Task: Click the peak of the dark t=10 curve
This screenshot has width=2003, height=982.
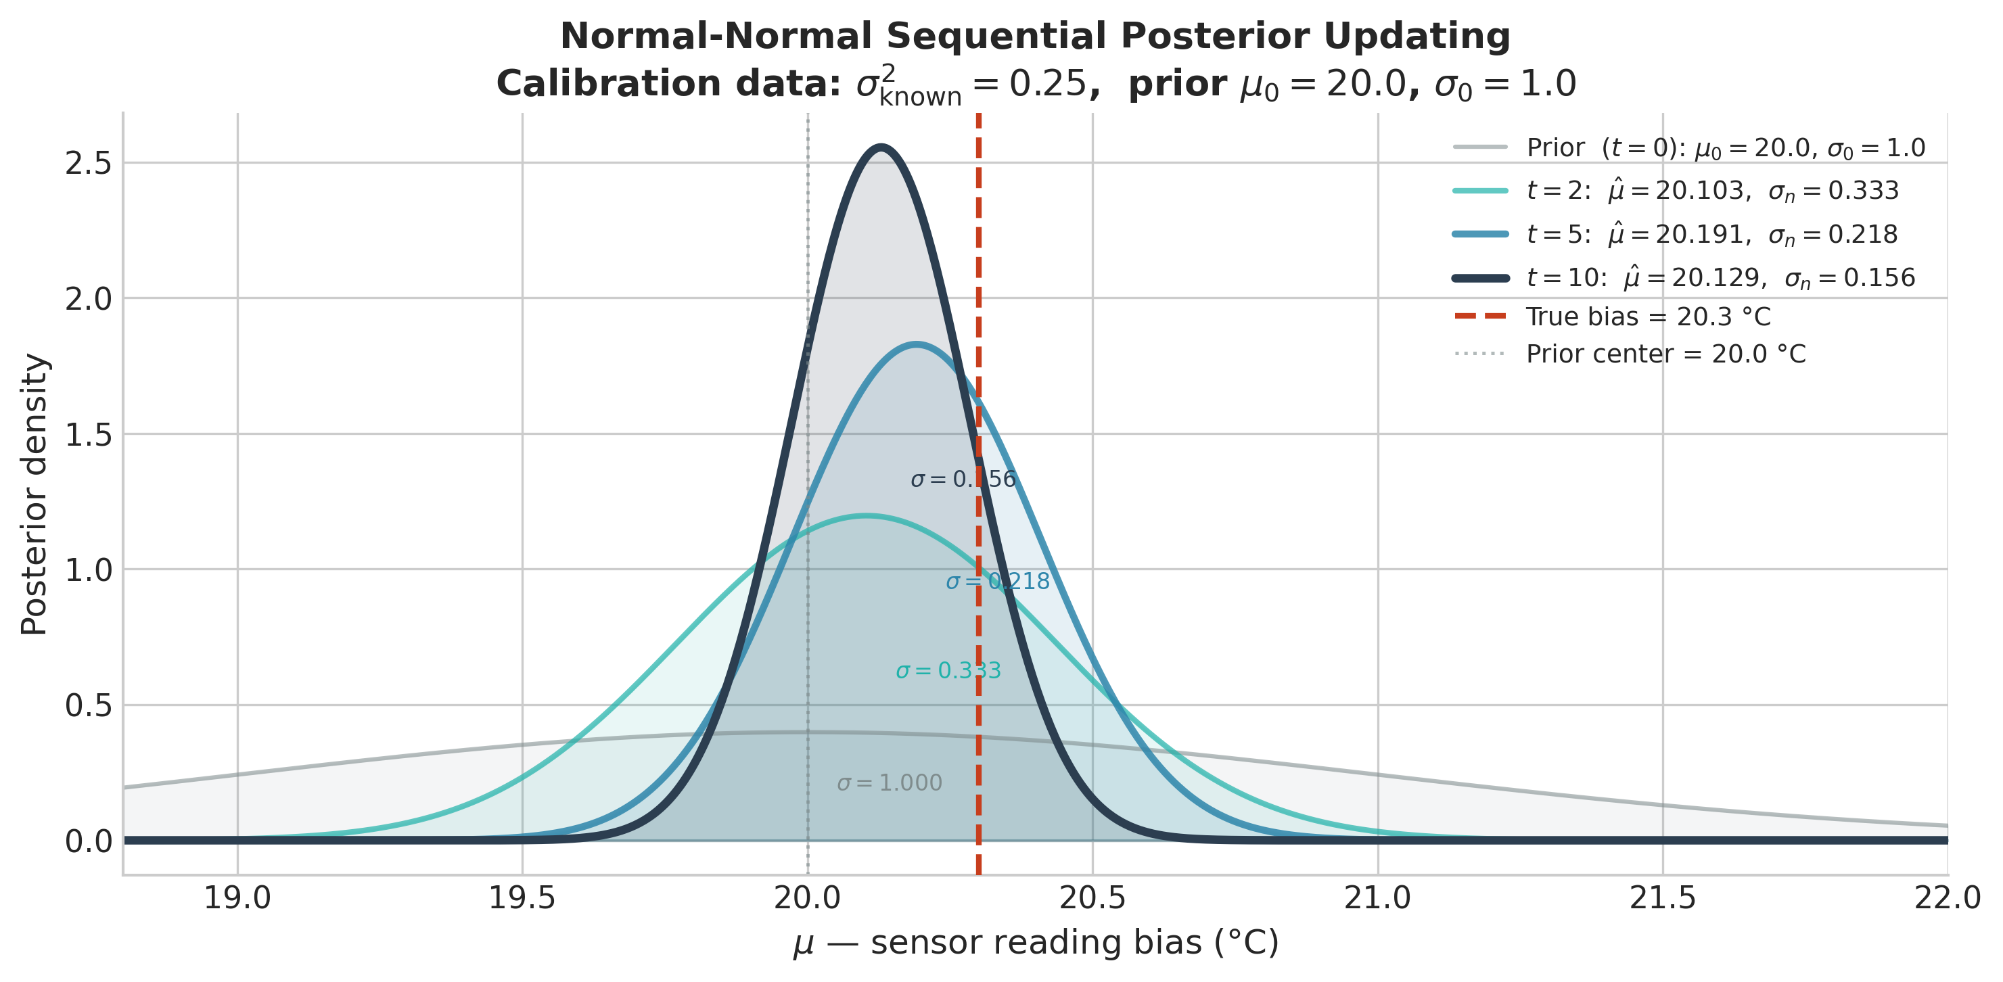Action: click(880, 147)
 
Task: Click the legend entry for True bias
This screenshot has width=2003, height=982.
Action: click(1648, 317)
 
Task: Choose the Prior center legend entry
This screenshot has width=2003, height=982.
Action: click(1665, 354)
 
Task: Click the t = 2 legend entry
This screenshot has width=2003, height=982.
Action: click(1711, 191)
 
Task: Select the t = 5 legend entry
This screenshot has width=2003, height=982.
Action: click(1711, 235)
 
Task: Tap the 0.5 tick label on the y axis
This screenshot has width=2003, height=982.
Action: click(88, 705)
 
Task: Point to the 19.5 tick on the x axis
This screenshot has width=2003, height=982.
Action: click(522, 898)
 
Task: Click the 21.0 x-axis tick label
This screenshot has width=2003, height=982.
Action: click(1377, 898)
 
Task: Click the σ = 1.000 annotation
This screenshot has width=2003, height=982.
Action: click(889, 783)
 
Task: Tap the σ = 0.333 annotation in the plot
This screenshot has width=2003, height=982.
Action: click(948, 671)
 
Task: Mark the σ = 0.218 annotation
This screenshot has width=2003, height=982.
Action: click(998, 582)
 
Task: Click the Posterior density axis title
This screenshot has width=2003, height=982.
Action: click(34, 494)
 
